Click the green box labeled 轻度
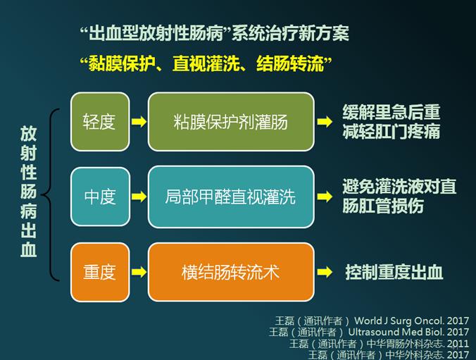coord(100,122)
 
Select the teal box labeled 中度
coord(100,197)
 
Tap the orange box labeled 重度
coord(100,272)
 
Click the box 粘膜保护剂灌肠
coord(231,122)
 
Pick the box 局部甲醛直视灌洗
coord(231,197)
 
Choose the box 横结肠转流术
coord(231,272)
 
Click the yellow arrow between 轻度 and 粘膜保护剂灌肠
coord(139,122)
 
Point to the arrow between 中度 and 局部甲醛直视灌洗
coord(139,197)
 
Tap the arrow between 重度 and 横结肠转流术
coord(139,272)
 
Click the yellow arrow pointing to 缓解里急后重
coord(325,122)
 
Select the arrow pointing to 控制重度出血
coord(325,272)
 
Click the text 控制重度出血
coord(394,272)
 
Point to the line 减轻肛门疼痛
coord(392,132)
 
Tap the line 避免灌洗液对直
coord(399,186)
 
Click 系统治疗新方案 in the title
coord(291,33)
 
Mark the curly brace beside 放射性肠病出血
coord(49,194)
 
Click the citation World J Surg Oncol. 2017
coord(412,321)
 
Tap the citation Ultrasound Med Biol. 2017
coord(408,332)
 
